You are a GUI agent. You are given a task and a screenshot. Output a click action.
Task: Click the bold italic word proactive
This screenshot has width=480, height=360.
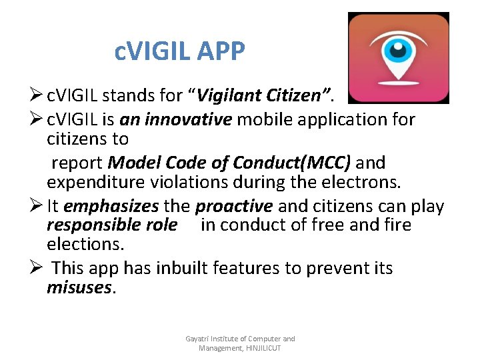pos(234,207)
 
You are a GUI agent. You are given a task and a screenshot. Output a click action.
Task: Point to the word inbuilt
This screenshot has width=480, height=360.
pos(182,268)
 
